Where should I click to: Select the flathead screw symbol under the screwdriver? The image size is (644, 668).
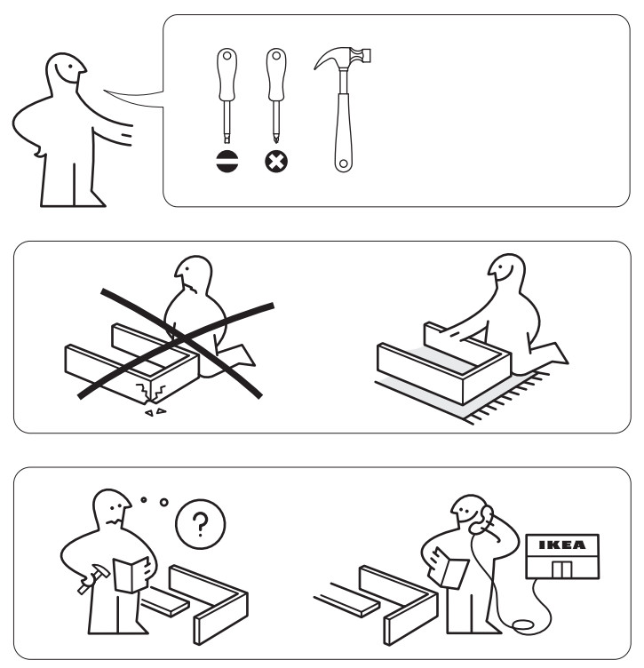tap(227, 163)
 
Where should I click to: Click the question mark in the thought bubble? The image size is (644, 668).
tap(201, 521)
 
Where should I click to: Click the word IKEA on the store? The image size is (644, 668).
tap(562, 545)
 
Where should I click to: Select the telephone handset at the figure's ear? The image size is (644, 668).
tap(487, 520)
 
